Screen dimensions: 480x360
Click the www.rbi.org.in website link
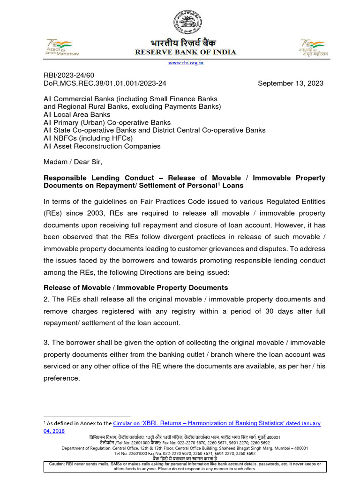coord(186,62)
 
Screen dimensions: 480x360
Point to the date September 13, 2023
coord(291,83)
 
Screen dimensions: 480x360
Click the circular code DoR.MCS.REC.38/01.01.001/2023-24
coord(105,83)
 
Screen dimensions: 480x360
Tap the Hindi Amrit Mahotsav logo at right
coord(313,47)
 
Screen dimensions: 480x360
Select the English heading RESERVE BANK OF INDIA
coord(186,52)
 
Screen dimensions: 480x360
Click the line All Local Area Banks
coord(77,114)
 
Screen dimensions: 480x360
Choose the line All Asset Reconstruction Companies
coord(102,146)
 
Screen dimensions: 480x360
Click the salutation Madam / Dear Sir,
coord(72,162)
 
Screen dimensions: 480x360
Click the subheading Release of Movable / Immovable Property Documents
coord(135,287)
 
